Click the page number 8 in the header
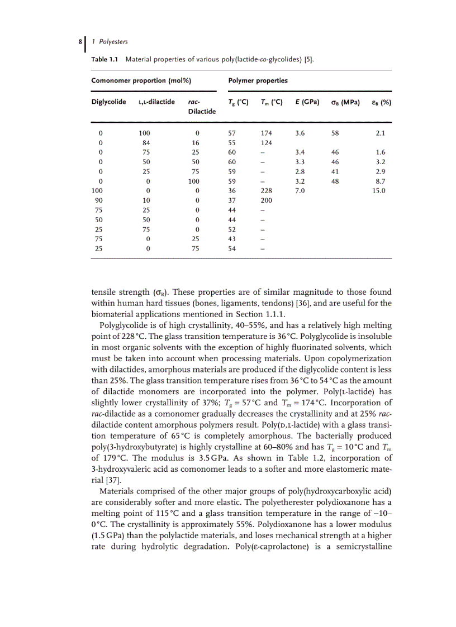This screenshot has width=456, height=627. [x=82, y=42]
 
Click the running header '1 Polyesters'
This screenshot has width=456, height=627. [x=110, y=42]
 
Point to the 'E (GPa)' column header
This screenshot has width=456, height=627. [x=307, y=102]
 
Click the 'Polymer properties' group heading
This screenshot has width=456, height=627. [x=258, y=80]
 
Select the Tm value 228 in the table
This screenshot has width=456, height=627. [x=267, y=191]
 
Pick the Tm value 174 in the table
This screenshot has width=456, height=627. [x=267, y=133]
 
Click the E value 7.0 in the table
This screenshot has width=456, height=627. [x=300, y=191]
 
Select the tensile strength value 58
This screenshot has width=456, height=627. [x=335, y=133]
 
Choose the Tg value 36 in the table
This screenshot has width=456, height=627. [x=232, y=191]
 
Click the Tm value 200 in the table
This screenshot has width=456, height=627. [x=267, y=200]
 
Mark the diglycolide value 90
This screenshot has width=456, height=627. [x=99, y=200]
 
